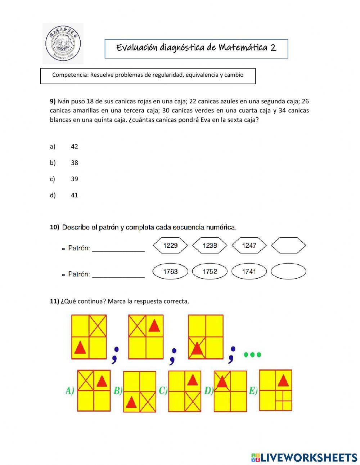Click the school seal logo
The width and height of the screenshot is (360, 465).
pos(63,44)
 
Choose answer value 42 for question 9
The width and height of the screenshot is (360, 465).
pos(75,147)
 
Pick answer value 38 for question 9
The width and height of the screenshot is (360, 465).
pos(75,163)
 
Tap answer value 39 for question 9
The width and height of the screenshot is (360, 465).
pos(75,179)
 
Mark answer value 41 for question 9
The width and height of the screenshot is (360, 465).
pos(75,195)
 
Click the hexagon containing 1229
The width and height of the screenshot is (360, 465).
pos(170,246)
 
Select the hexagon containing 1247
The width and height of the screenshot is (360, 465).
pos(249,246)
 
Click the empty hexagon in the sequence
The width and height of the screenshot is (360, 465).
pos(288,246)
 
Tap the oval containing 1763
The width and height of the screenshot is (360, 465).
pos(170,272)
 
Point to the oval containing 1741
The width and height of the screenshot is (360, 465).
pos(249,272)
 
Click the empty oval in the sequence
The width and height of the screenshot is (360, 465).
pos(288,272)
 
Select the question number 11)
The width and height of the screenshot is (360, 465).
pos(54,301)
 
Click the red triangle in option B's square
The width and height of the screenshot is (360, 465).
pos(131,402)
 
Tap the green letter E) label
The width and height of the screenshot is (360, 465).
pos(253,390)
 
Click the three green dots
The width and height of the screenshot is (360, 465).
pos(252,355)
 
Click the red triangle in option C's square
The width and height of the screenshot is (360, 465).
pos(193,380)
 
